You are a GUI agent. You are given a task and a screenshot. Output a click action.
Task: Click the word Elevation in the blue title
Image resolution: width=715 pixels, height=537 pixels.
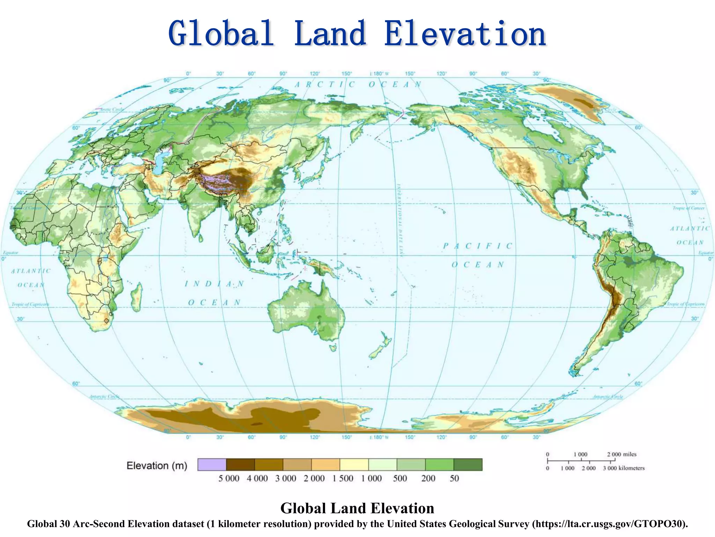coord(465,34)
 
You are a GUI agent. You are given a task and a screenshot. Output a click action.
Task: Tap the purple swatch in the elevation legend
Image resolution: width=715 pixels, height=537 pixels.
coord(212,465)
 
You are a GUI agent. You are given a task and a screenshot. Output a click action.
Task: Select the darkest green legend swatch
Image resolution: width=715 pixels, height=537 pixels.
coord(468,465)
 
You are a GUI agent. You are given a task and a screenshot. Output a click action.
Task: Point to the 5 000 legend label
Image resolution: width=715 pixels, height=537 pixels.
coord(229,478)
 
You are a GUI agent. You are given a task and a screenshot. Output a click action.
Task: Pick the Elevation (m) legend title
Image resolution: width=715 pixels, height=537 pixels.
coord(157,466)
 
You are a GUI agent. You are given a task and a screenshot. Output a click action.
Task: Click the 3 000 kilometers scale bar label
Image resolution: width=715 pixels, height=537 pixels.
coord(624,468)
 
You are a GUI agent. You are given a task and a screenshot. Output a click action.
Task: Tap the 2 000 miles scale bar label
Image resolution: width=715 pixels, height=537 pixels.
coord(621,454)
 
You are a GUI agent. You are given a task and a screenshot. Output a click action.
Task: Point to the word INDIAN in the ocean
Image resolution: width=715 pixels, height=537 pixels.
coord(214,284)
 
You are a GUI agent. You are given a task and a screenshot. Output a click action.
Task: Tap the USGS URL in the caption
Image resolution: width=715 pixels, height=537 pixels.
coord(610,524)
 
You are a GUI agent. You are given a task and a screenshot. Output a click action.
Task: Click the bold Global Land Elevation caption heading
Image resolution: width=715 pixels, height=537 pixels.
coord(357,508)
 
